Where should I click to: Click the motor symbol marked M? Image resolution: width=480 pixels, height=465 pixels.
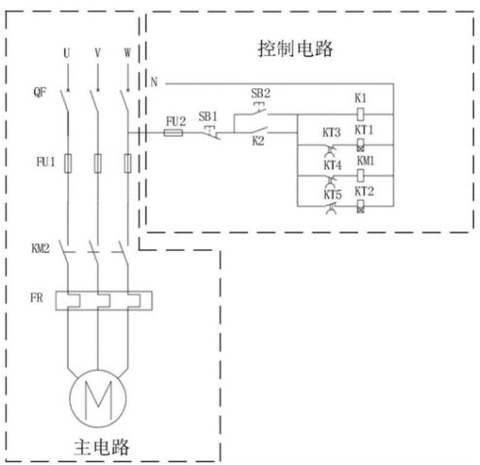click(98, 398)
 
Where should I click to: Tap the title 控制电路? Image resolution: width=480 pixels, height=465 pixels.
click(295, 49)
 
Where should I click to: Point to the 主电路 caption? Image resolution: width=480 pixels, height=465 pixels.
click(102, 447)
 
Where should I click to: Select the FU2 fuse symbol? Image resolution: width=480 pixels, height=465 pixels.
click(174, 133)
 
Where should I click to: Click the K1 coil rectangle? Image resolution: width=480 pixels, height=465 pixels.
click(361, 114)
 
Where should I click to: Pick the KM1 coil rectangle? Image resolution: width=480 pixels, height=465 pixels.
click(361, 175)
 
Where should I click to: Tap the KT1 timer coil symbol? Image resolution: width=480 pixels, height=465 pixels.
click(361, 144)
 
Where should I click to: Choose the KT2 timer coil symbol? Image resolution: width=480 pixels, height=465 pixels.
click(361, 206)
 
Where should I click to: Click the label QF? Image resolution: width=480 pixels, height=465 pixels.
click(40, 92)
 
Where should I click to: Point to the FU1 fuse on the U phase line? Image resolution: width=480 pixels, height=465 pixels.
click(68, 164)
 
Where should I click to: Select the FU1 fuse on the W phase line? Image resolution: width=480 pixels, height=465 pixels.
click(128, 164)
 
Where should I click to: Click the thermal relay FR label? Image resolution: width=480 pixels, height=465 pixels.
click(37, 297)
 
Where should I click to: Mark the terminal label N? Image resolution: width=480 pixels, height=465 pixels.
click(154, 82)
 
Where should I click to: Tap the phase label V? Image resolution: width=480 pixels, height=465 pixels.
click(98, 52)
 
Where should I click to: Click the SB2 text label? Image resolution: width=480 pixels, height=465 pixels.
click(261, 93)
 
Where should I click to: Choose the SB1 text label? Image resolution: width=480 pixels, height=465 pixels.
click(208, 116)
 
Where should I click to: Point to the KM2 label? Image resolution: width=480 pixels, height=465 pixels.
click(41, 248)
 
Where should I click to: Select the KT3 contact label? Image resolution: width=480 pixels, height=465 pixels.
click(332, 133)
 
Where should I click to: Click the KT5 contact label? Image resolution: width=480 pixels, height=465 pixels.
click(333, 195)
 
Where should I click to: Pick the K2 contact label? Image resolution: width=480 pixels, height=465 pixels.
click(258, 140)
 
